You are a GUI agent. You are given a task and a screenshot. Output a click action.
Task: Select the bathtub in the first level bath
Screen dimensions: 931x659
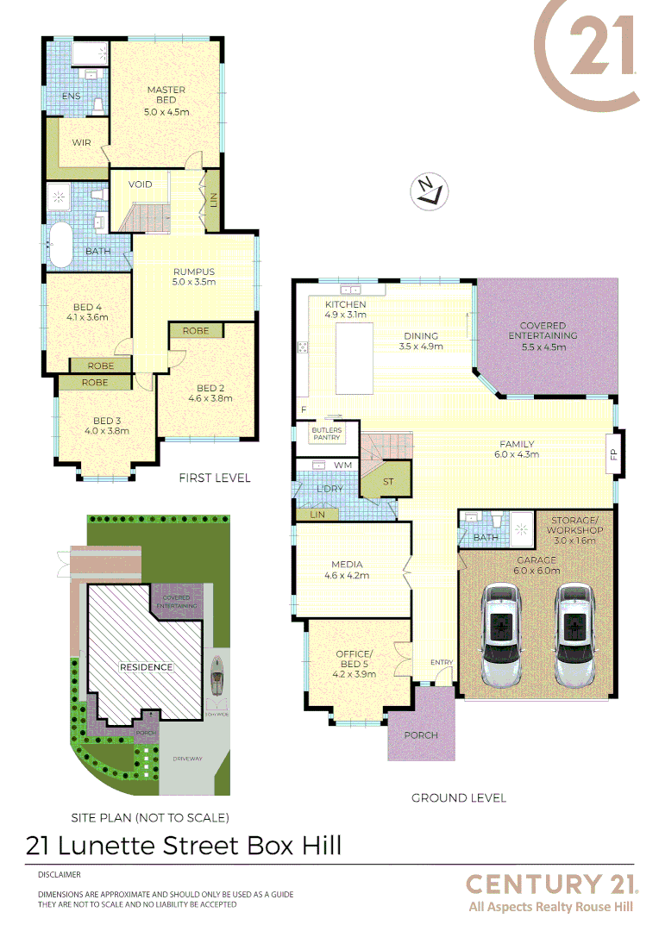60,245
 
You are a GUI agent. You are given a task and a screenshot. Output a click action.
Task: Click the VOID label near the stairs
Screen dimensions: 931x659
141,184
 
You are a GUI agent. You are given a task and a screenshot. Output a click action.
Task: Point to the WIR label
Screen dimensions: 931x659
82,142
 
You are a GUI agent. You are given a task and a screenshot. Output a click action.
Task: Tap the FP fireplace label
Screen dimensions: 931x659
613,453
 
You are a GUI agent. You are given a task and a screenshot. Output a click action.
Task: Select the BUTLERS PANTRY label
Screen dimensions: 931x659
327,434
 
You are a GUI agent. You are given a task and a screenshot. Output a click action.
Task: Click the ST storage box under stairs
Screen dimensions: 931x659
387,481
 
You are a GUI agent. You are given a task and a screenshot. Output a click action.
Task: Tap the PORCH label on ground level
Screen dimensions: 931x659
421,735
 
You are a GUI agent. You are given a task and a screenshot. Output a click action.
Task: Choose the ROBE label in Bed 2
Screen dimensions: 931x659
196,330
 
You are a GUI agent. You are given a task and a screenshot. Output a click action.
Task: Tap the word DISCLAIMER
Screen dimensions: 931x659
60,874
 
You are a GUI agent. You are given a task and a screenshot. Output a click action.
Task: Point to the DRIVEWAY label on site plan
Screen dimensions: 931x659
187,759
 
